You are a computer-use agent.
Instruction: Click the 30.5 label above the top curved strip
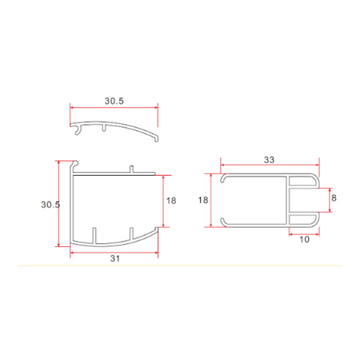(x=114, y=101)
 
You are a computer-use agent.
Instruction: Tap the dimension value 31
(x=115, y=259)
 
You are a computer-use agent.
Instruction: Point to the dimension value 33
(x=269, y=160)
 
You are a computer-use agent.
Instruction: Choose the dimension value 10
(x=304, y=240)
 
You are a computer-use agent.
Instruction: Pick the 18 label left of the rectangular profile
(x=203, y=200)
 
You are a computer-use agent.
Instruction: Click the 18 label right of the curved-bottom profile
(x=171, y=200)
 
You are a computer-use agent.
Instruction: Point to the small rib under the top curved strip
(x=104, y=128)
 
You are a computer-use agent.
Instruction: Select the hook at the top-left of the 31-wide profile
(x=76, y=163)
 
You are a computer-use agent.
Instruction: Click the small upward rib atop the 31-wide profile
(x=131, y=169)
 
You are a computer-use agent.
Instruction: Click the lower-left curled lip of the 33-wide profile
(x=224, y=222)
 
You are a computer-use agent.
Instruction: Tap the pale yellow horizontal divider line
(x=180, y=265)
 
